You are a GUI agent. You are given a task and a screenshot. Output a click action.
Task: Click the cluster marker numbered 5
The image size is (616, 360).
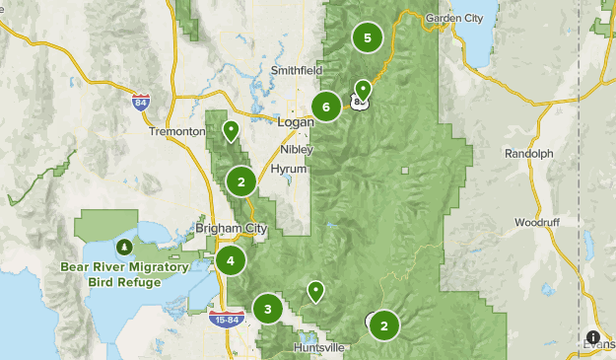(x=368, y=38)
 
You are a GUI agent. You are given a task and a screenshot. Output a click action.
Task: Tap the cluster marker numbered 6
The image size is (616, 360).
(x=326, y=107)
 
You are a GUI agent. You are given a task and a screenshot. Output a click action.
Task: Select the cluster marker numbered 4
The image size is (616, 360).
(x=231, y=261)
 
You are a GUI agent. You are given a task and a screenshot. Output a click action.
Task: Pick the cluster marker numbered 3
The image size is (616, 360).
(x=267, y=310)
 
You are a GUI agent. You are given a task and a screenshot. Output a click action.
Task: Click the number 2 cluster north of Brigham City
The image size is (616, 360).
(x=240, y=181)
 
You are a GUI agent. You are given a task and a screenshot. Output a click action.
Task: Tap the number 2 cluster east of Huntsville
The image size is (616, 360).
(x=383, y=324)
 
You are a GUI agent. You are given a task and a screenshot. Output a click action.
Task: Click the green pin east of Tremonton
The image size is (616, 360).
(x=231, y=129)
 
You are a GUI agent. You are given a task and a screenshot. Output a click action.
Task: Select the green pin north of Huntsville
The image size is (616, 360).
(x=315, y=290)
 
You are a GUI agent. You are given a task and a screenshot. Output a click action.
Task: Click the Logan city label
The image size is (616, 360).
(x=296, y=121)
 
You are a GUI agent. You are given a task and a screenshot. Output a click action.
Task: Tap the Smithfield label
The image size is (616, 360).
(x=296, y=71)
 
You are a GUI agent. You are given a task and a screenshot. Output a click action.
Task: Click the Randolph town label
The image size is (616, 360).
(x=529, y=154)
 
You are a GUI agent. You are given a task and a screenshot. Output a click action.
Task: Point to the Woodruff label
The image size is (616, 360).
(x=536, y=223)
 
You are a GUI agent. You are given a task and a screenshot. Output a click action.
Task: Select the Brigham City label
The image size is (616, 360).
(x=232, y=228)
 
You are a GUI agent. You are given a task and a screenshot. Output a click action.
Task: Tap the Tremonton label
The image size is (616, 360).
(x=176, y=131)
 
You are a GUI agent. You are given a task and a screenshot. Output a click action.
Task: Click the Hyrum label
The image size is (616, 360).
(x=289, y=170)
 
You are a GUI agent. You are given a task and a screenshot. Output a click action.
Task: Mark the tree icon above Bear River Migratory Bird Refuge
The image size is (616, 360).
(x=124, y=246)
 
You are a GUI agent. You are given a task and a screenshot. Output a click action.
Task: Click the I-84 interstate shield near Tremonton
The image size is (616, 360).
(x=142, y=101)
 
